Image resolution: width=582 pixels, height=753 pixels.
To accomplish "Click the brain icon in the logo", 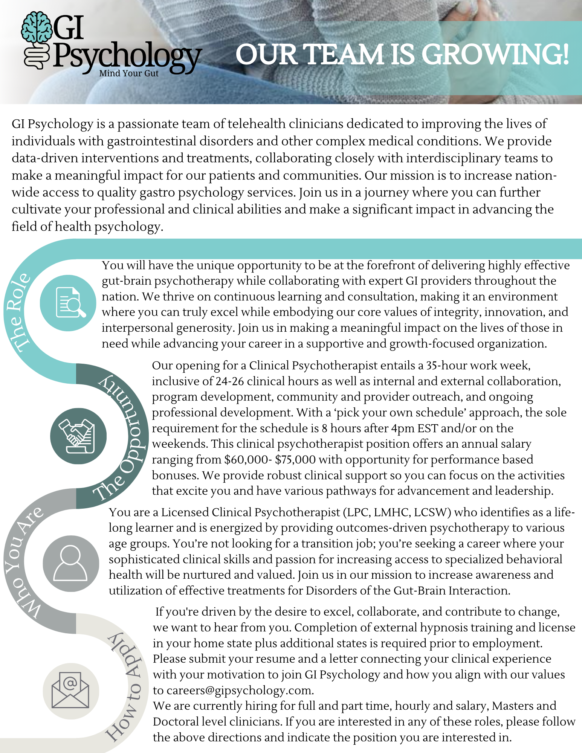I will pos(36,27).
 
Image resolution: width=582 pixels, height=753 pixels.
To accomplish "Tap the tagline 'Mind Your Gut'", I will pos(129,73).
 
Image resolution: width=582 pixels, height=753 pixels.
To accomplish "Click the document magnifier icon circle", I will pos(68,303).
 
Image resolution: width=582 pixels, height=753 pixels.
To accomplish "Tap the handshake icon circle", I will pos(78,436).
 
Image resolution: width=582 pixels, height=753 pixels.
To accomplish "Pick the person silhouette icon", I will pos(71,563).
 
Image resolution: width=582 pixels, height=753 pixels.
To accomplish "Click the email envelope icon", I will pos(71,691).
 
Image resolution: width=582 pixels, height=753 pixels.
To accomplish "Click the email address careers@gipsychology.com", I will pos(240,690).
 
